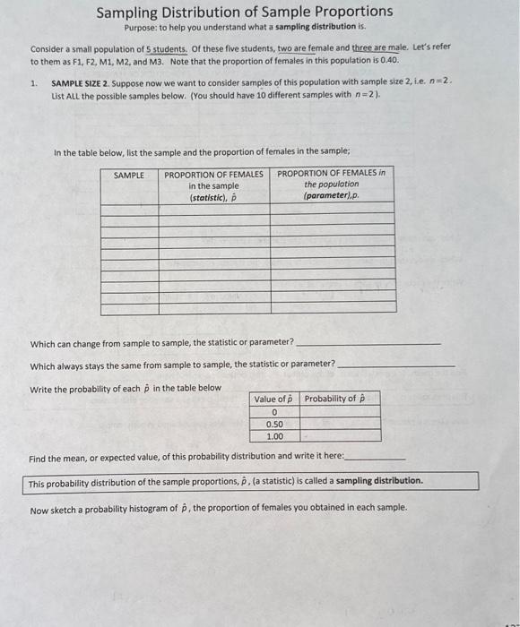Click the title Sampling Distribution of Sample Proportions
click(244, 12)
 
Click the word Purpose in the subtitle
click(139, 27)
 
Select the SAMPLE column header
click(129, 175)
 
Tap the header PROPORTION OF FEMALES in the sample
click(213, 185)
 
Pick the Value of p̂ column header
click(274, 399)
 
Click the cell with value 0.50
click(274, 425)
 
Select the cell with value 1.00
click(274, 436)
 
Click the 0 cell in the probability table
click(274, 412)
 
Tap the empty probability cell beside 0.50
click(340, 425)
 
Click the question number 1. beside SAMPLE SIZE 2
click(33, 82)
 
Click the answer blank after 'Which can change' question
click(368, 343)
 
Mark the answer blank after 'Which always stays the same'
click(395, 365)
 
